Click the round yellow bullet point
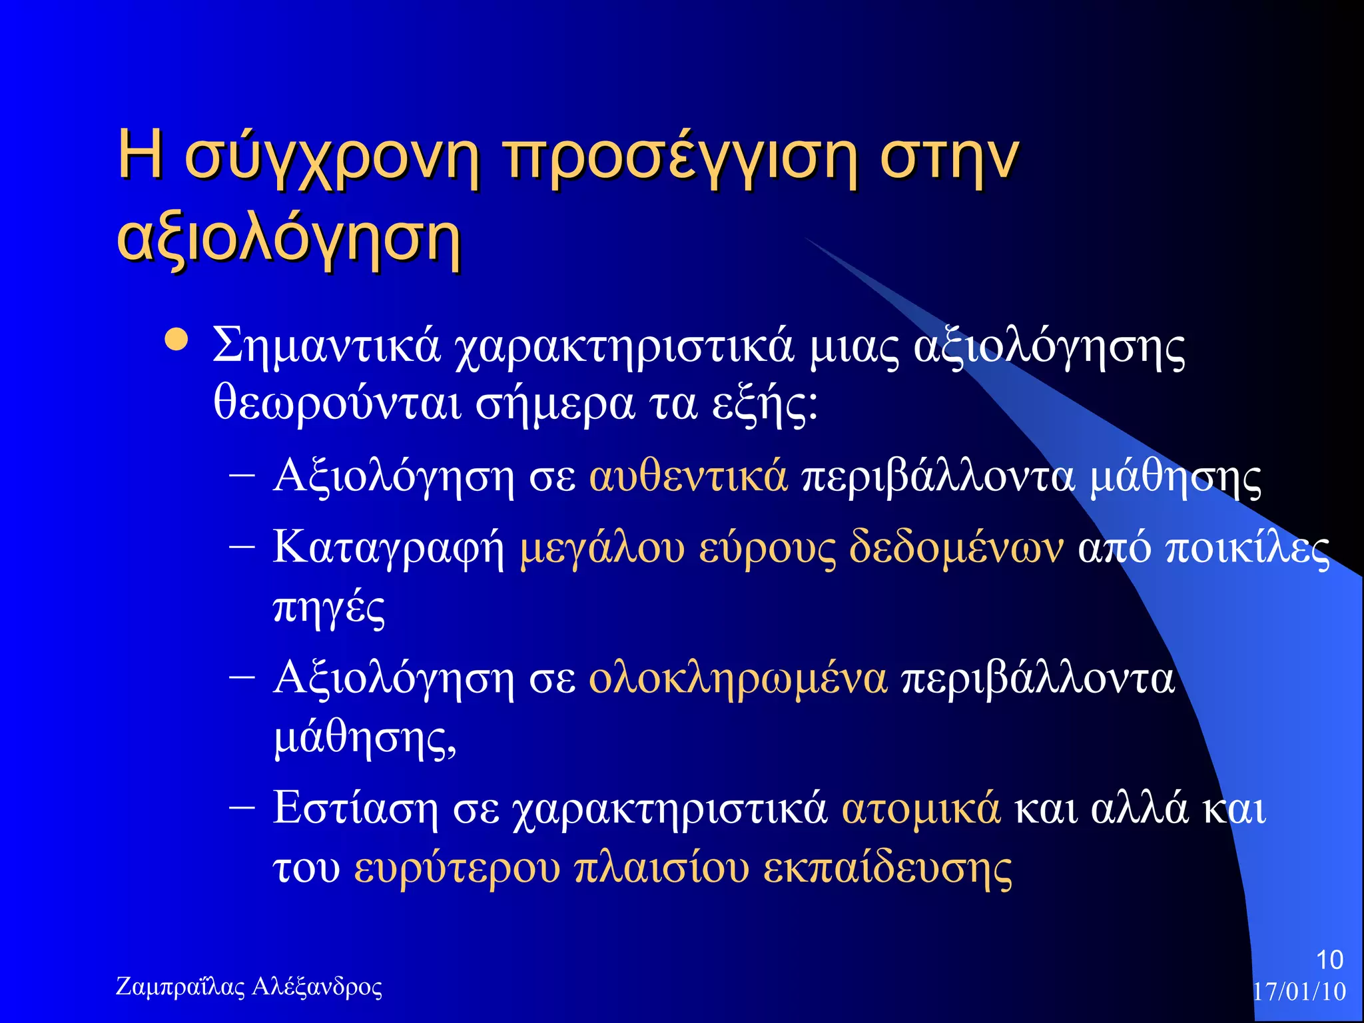tap(176, 340)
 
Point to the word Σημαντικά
tap(326, 346)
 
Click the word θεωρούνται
tap(337, 404)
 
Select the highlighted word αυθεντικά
tap(688, 477)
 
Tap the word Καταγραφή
tap(388, 548)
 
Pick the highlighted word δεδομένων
tap(956, 548)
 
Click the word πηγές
tap(329, 607)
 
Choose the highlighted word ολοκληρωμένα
tap(738, 679)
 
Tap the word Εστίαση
tap(355, 809)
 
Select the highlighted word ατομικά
tap(920, 809)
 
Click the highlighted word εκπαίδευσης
tap(887, 868)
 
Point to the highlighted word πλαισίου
tap(661, 868)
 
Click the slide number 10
tap(1329, 960)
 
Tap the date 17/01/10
tap(1299, 991)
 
